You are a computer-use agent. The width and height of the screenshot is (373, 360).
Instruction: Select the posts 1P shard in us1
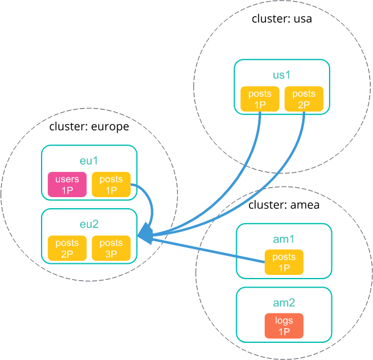[260, 99]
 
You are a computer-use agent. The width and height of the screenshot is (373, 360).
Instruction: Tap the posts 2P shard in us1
[304, 99]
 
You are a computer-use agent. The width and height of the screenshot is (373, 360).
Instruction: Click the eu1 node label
[89, 161]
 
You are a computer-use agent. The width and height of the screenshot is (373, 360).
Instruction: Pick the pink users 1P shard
[67, 185]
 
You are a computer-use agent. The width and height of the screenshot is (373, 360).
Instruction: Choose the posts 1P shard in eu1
[111, 185]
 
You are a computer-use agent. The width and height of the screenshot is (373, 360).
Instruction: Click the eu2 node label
[89, 225]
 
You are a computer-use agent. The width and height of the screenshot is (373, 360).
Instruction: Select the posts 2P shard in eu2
[67, 249]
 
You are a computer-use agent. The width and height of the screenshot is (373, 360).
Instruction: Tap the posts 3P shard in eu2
[111, 249]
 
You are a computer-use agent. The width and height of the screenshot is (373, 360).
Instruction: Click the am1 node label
[284, 239]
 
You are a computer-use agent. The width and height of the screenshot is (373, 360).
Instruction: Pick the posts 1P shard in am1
[284, 263]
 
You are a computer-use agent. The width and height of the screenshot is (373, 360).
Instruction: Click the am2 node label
[284, 303]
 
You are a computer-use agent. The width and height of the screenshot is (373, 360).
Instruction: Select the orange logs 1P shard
[284, 326]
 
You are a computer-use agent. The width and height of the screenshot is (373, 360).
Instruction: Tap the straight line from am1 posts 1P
[208, 250]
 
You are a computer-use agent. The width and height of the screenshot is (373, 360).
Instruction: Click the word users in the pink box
[67, 179]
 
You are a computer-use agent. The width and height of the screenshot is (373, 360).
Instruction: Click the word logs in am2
[284, 321]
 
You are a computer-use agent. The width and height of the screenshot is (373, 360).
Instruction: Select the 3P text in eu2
[111, 254]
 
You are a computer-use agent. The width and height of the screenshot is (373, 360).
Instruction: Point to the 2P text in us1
[304, 105]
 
